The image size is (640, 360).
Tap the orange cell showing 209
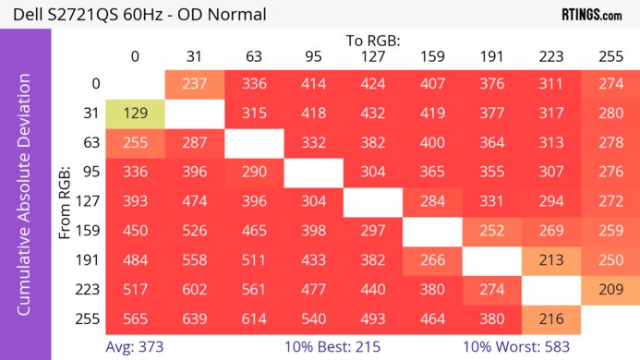point(610,287)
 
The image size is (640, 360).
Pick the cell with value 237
point(194,84)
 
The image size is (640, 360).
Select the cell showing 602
point(194,287)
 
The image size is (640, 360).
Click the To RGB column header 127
point(372,57)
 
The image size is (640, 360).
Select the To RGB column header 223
point(550,57)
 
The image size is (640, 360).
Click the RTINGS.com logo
point(591,15)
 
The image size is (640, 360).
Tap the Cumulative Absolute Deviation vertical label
point(25,201)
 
